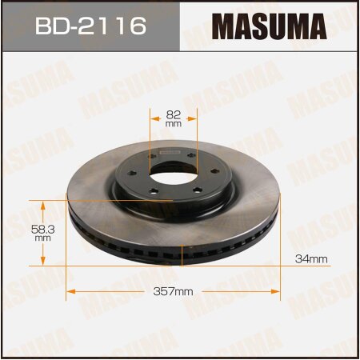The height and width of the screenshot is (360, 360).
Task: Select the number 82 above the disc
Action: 174,114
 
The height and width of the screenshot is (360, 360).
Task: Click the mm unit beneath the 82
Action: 174,125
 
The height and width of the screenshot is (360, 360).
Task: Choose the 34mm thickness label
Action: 313,258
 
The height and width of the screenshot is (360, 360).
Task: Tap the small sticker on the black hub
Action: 170,150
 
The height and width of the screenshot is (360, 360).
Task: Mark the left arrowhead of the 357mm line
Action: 69,291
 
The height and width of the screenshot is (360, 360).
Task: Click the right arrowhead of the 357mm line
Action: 280,291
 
